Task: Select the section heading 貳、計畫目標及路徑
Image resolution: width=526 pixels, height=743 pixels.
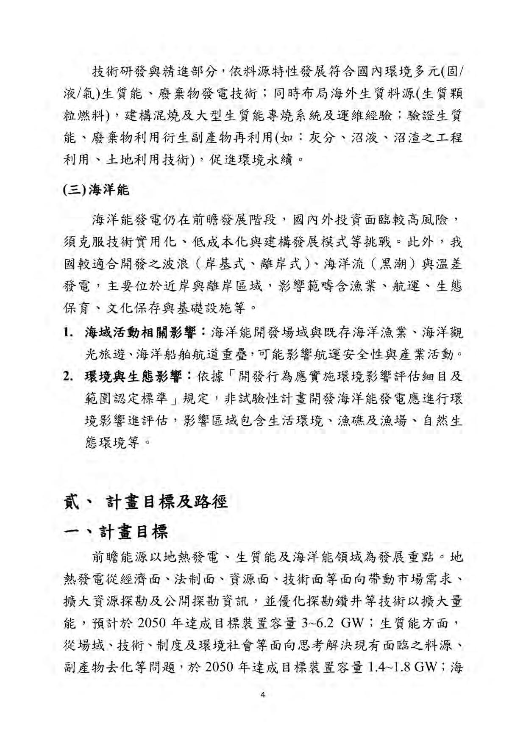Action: pyautogui.click(x=145, y=502)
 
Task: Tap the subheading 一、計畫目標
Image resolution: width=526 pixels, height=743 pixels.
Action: pyautogui.click(x=116, y=532)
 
